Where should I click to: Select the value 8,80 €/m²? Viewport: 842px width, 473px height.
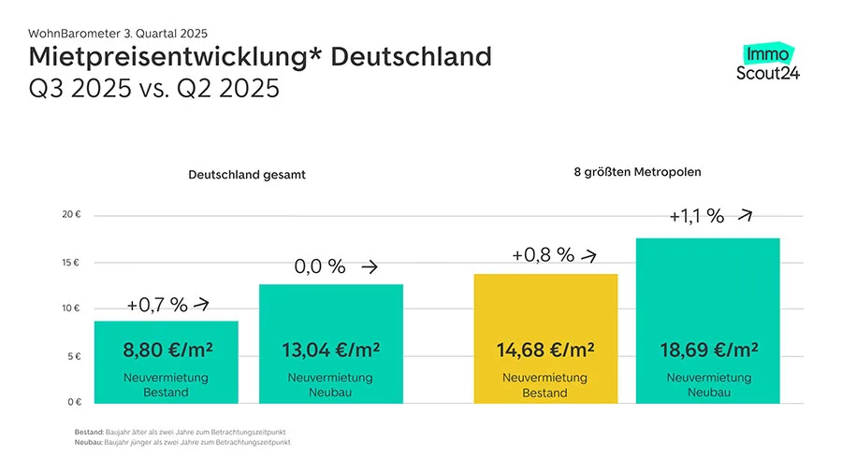(x=167, y=351)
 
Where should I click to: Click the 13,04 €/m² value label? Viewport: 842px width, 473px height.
(x=330, y=351)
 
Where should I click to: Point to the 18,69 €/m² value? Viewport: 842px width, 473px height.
(x=708, y=351)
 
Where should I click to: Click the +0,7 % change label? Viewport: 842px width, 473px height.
(x=157, y=305)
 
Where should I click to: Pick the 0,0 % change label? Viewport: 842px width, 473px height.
(x=319, y=267)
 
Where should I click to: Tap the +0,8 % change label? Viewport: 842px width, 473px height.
(x=543, y=254)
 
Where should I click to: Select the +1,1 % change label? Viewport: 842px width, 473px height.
(x=696, y=216)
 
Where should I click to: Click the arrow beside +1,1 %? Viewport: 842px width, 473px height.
(x=745, y=214)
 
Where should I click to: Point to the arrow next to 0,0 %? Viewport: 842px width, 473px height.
(x=370, y=267)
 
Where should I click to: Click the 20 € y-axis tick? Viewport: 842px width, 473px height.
(x=72, y=214)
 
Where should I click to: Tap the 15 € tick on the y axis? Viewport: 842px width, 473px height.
(x=72, y=262)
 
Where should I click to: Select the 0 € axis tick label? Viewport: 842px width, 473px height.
(x=75, y=402)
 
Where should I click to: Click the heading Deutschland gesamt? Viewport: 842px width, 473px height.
(x=247, y=175)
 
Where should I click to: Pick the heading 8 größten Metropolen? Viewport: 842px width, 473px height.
(x=637, y=172)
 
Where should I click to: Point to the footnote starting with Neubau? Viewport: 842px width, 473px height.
(x=182, y=443)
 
